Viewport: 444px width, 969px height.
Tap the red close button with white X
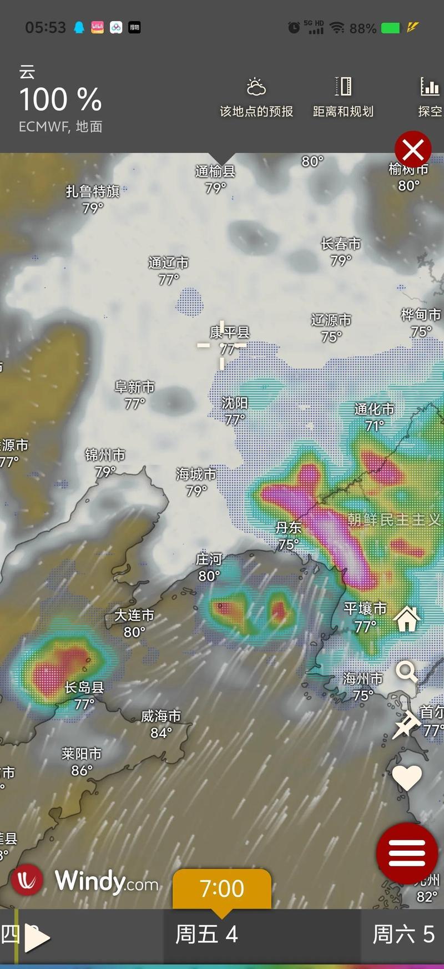413,149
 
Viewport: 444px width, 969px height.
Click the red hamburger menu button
407,854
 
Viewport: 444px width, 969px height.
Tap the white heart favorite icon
407,777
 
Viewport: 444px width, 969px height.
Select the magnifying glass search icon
406,672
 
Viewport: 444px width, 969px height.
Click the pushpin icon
406,725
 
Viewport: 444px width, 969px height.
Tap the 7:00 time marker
221,889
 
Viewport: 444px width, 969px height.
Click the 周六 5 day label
403,935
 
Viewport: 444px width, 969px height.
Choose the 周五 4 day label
206,935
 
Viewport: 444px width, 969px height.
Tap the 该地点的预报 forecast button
256,99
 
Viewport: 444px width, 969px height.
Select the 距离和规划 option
343,99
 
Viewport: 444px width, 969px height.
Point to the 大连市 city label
134,615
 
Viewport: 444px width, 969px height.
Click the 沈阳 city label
235,402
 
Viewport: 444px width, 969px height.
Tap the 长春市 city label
341,244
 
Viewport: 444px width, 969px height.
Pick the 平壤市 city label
365,609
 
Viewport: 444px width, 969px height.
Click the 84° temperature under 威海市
161,733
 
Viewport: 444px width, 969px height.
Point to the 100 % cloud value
60,100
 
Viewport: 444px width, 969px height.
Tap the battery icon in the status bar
390,28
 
